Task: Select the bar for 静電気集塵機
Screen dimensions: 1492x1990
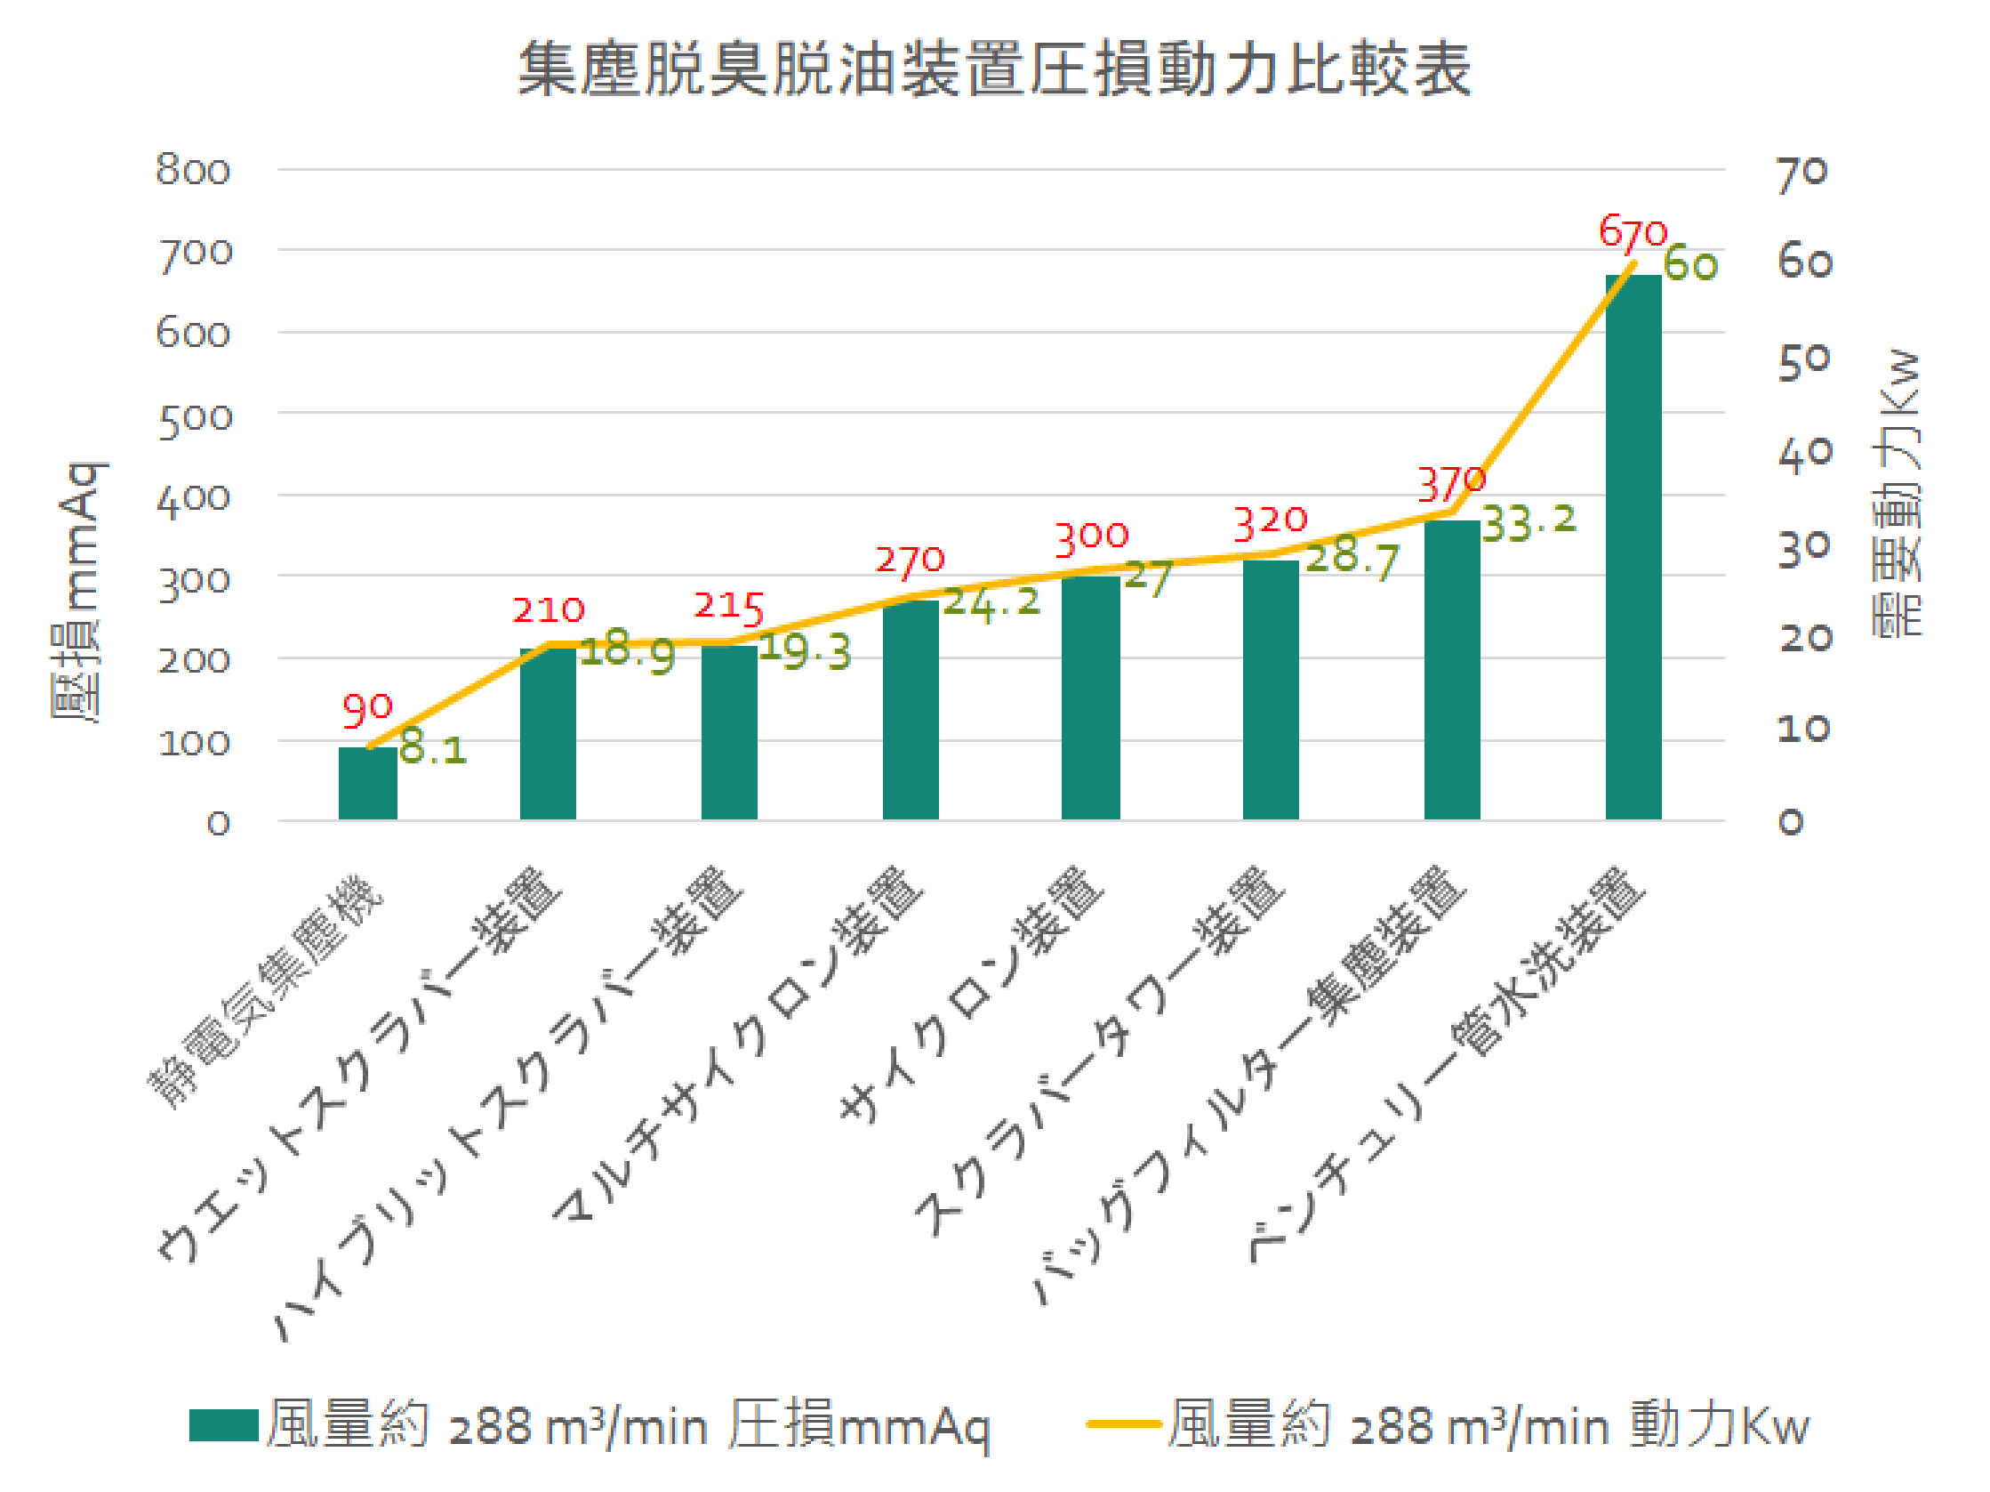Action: (367, 782)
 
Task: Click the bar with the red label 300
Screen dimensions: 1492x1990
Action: (1090, 697)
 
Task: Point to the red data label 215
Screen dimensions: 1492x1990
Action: (729, 606)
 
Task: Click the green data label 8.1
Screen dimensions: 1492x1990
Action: (433, 748)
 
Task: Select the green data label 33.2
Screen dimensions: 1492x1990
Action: (1529, 522)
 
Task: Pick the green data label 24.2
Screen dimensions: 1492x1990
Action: (991, 602)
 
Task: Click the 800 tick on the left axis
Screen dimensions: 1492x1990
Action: (194, 170)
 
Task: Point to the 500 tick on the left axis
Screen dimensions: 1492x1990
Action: (196, 420)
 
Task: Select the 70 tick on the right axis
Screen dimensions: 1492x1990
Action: (1803, 173)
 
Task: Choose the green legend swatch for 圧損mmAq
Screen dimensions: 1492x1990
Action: (224, 1425)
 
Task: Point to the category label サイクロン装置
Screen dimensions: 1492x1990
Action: (972, 995)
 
